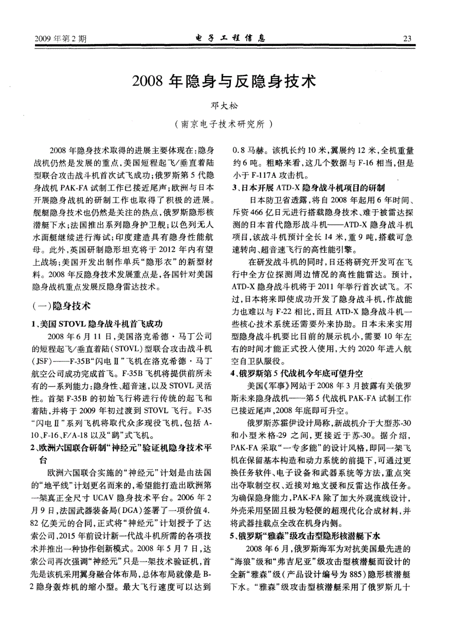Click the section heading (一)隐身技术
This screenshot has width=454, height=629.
coord(61,306)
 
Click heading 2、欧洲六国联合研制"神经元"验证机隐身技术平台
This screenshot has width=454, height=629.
coord(122,448)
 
